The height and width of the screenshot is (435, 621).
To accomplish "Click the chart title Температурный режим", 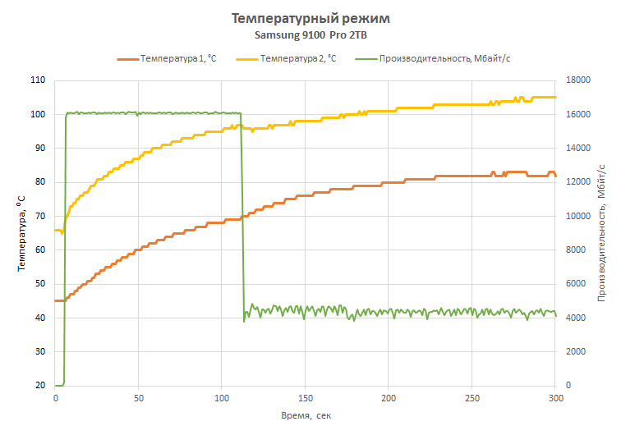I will (x=310, y=18).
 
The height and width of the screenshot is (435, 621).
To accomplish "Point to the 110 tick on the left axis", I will (x=38, y=80).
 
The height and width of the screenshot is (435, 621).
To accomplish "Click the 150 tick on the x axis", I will (x=305, y=399).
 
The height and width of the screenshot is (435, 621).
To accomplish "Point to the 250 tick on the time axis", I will (x=471, y=399).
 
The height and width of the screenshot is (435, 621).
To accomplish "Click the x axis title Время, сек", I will (x=305, y=416).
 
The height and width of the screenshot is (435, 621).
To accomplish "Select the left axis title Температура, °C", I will (x=21, y=232).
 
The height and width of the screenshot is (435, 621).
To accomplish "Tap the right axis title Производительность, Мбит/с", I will (x=601, y=232).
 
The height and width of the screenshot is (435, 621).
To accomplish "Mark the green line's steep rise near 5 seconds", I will (x=65, y=246).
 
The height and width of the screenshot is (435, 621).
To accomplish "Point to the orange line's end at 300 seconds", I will (x=555, y=176).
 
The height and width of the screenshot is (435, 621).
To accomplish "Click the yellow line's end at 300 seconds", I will (x=555, y=97).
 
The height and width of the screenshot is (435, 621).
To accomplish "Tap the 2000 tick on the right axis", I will (x=574, y=351).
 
